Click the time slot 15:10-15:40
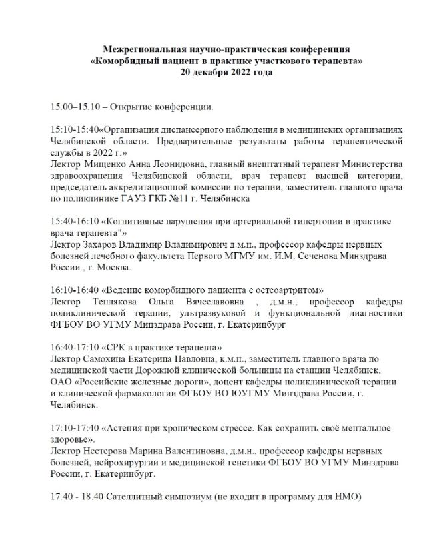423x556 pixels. point(73,130)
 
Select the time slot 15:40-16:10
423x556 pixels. point(73,222)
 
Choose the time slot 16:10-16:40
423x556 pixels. point(73,290)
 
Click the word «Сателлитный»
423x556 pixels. point(141,497)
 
